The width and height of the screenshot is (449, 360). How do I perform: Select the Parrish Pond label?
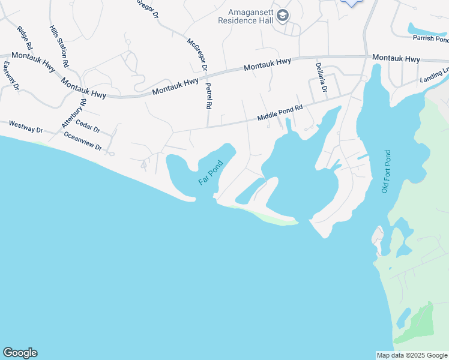pos(430,38)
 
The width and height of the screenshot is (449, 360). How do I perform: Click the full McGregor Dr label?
pos(197,55)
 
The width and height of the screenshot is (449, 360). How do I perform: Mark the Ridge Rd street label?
pos(25,38)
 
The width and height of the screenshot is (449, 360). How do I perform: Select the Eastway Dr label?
pos(11,76)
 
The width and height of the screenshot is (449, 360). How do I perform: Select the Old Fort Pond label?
pos(385,172)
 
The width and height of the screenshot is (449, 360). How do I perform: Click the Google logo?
pos(20,353)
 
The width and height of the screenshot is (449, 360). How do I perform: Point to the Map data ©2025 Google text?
pos(412,355)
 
